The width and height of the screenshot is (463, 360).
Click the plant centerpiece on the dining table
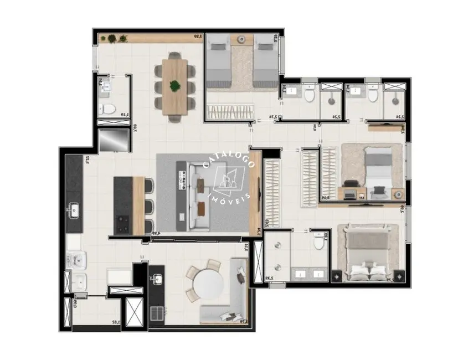pyautogui.click(x=175, y=86)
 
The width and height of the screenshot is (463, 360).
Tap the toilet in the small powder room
pyautogui.click(x=109, y=107)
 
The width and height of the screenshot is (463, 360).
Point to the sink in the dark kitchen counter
pyautogui.click(x=73, y=209)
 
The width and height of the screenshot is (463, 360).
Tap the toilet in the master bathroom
pyautogui.click(x=318, y=241)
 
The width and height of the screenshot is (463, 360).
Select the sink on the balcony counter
pyautogui.click(x=157, y=279)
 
